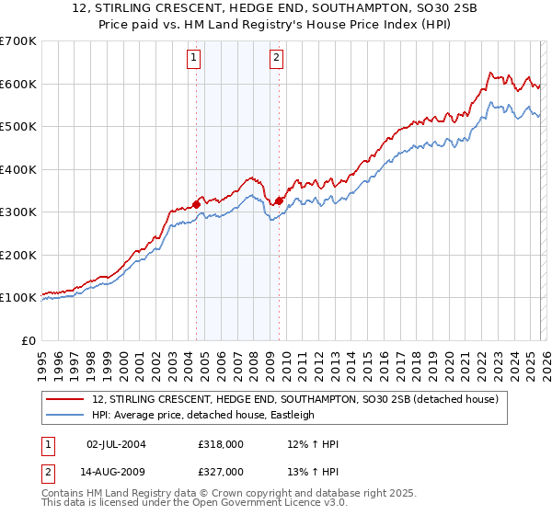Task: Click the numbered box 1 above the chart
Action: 195,58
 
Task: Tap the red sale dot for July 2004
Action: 196,204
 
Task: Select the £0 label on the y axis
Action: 28,340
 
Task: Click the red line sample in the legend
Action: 64,399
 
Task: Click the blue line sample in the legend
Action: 64,415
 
